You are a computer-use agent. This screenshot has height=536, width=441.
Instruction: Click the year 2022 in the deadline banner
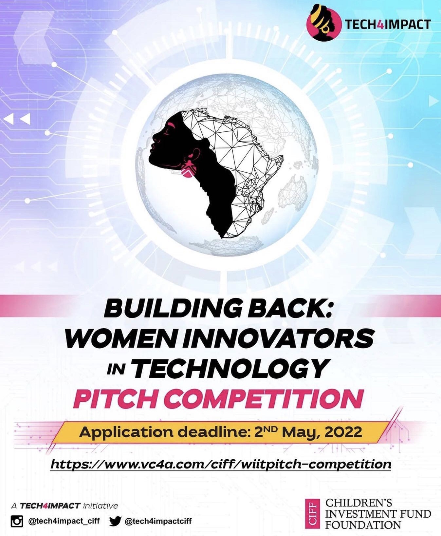[x=343, y=432]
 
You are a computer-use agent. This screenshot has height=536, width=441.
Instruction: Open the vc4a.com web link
[x=221, y=464]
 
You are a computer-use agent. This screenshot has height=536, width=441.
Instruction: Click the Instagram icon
[x=17, y=521]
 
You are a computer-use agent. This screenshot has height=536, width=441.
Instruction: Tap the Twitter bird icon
[x=115, y=521]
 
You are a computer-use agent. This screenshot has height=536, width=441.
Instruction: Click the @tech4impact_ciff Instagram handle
[x=64, y=521]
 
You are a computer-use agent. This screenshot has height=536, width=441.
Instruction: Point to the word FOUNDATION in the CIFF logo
[x=363, y=525]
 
